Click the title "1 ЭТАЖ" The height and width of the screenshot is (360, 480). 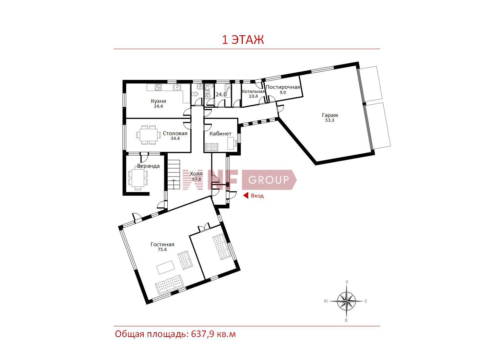[243, 40]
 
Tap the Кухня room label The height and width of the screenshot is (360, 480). [158, 101]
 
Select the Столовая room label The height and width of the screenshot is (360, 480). [175, 133]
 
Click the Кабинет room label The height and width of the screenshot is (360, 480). [220, 134]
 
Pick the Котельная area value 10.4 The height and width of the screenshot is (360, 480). [253, 96]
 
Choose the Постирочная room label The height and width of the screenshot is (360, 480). [283, 87]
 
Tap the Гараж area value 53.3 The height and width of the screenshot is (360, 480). [329, 120]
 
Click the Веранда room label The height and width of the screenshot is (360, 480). [148, 166]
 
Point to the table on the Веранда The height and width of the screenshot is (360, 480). [138, 178]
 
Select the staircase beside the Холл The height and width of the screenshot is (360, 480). [173, 175]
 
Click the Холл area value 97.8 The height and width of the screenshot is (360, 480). [196, 179]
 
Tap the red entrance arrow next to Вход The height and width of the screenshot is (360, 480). [246, 195]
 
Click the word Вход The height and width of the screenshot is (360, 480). [257, 196]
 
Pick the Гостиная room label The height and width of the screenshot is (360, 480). [162, 244]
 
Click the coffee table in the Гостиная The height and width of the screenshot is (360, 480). [166, 267]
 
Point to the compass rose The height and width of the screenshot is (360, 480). [346, 301]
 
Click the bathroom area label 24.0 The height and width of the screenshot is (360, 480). [221, 95]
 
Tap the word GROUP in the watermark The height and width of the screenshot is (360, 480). [268, 180]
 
